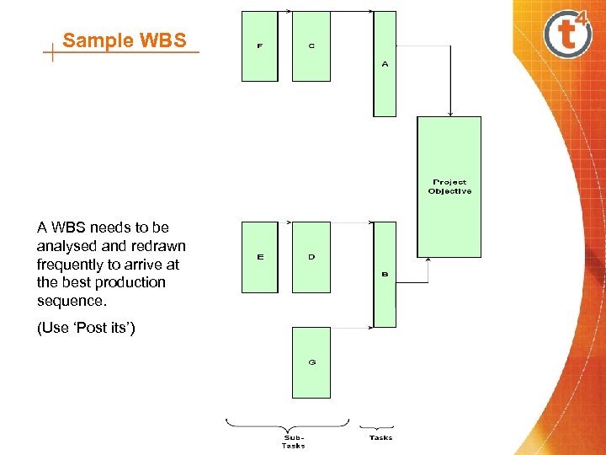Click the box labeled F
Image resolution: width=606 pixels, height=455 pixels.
coord(259,46)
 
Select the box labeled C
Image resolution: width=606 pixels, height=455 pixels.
coord(311,46)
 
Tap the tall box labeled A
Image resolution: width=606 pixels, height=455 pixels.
coord(385,63)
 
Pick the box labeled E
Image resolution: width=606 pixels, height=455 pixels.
coord(259,257)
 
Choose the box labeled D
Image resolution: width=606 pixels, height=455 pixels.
coord(311,257)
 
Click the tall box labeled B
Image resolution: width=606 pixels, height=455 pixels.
coord(385,275)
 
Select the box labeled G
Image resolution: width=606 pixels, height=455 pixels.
coord(311,362)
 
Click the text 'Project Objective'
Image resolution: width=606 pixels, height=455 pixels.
coord(449,186)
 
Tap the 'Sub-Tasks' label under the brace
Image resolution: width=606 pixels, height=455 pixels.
coord(294,441)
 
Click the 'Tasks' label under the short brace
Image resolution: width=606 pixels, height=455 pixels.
coord(380,437)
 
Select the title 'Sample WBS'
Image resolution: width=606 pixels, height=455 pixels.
coord(124,40)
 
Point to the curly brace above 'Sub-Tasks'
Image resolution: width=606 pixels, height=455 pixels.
coord(287,423)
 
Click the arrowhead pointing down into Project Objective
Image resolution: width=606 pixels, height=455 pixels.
coord(451,113)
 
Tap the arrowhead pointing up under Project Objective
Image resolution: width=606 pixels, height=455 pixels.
coord(429,260)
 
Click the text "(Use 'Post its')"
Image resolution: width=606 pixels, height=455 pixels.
coord(86,328)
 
